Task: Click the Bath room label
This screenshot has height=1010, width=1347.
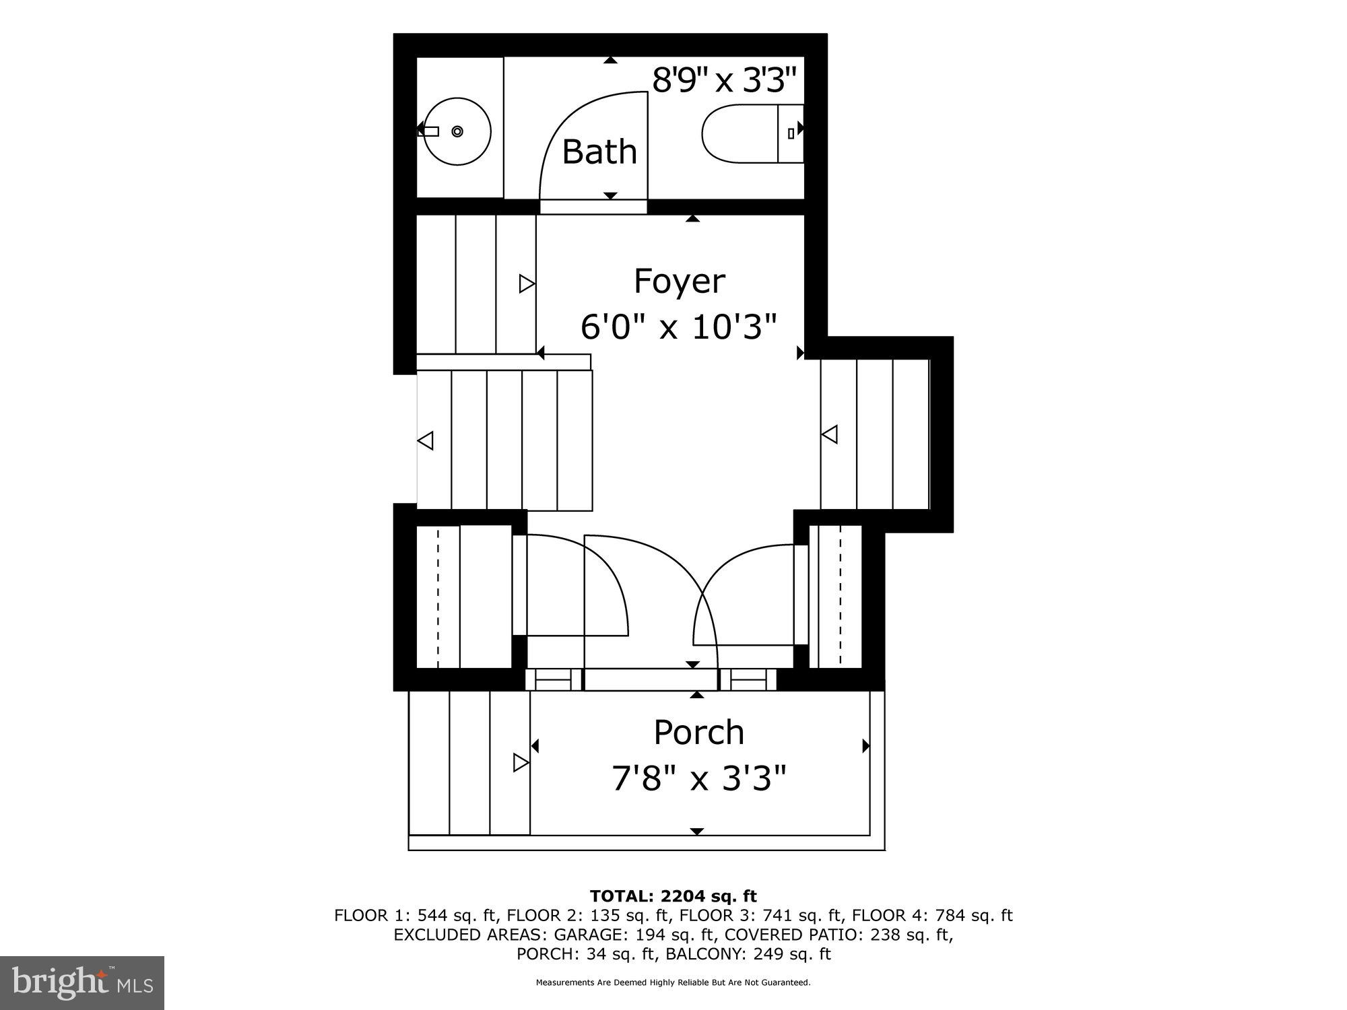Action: click(x=599, y=152)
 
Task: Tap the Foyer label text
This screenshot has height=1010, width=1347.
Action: click(x=679, y=281)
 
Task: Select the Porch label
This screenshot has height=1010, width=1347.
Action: click(x=698, y=733)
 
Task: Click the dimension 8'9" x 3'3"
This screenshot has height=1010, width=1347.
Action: click(x=724, y=81)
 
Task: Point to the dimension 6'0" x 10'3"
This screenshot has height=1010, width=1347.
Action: click(x=679, y=328)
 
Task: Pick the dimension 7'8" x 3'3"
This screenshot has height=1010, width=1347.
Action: click(x=698, y=779)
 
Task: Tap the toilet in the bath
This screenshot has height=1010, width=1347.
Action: click(x=741, y=133)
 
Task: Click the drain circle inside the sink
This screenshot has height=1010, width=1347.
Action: click(x=457, y=131)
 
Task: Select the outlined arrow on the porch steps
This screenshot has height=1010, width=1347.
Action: click(x=521, y=763)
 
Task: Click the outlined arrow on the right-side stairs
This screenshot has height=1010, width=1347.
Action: click(x=830, y=434)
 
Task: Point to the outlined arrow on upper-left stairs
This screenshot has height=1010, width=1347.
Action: click(x=526, y=284)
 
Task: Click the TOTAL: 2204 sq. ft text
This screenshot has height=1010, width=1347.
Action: click(x=673, y=896)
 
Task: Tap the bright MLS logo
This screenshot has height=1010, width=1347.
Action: click(x=82, y=982)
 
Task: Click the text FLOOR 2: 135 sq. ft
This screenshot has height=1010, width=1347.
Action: click(x=589, y=916)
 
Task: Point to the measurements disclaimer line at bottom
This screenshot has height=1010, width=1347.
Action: click(x=673, y=983)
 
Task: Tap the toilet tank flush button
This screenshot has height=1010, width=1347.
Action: click(x=791, y=133)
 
